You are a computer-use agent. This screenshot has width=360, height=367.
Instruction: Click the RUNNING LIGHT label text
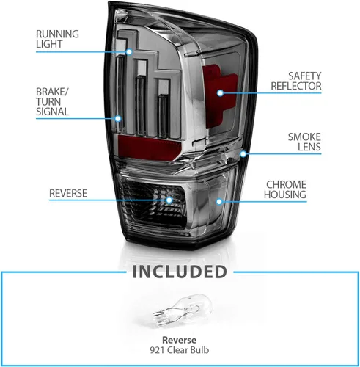tap(57, 39)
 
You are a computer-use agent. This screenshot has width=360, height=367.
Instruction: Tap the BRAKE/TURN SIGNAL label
tap(53, 102)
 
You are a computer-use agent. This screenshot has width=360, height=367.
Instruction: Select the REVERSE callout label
tap(68, 193)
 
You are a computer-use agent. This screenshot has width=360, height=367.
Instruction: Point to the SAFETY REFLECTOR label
tap(296, 81)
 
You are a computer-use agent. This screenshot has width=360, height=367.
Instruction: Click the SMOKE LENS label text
tap(304, 142)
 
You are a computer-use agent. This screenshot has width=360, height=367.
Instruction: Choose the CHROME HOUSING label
tap(285, 189)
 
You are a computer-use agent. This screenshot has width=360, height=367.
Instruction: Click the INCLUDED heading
tap(180, 272)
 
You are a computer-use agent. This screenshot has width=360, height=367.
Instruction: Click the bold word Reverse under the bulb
tap(179, 340)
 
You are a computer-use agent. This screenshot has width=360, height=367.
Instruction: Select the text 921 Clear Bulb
tap(180, 350)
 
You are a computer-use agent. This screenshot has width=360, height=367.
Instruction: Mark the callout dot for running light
tap(129, 52)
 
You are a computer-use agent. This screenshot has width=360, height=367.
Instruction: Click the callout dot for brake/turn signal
tap(118, 119)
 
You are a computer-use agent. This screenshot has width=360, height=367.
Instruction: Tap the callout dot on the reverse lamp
tap(169, 200)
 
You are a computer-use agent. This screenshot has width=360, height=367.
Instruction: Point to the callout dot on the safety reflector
tap(220, 93)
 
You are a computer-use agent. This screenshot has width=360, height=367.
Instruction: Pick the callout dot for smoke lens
tap(243, 154)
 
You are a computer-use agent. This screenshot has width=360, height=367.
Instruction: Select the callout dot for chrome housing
tap(219, 202)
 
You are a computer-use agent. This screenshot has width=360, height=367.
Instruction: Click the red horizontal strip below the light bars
tap(149, 148)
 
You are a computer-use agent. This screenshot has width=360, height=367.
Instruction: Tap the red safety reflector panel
tap(219, 97)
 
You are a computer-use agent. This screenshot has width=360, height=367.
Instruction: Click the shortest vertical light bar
tap(164, 115)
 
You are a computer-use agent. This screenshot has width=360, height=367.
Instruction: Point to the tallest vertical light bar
tap(120, 94)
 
